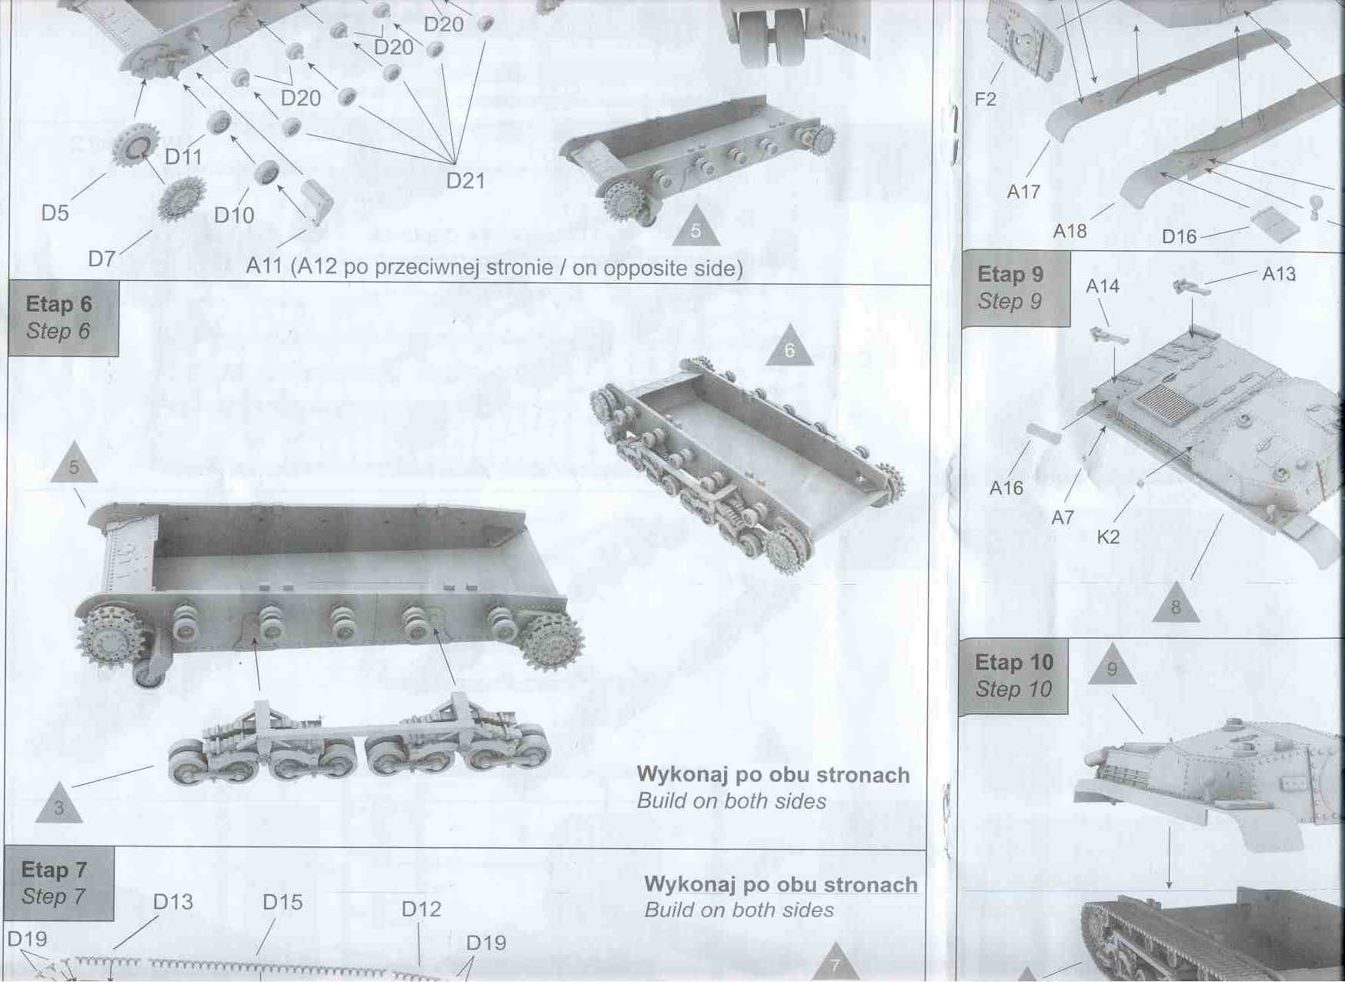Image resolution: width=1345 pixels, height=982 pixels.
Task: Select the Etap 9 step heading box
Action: click(1015, 288)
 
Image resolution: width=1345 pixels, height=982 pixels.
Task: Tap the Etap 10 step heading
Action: click(1013, 676)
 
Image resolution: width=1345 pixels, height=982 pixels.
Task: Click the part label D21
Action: click(466, 181)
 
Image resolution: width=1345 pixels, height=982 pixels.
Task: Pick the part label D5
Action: click(55, 213)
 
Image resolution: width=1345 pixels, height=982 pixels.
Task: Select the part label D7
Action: click(102, 259)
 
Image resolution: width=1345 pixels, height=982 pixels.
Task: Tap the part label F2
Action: click(985, 99)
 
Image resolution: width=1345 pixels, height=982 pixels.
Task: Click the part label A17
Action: click(1023, 192)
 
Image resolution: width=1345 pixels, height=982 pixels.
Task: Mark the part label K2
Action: click(1108, 537)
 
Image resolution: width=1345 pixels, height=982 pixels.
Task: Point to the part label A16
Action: click(1006, 488)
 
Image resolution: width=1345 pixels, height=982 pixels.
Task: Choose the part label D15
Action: click(282, 902)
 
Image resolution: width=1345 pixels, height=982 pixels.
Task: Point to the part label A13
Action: click(1279, 274)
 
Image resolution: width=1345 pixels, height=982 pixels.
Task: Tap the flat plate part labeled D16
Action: click(1276, 223)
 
